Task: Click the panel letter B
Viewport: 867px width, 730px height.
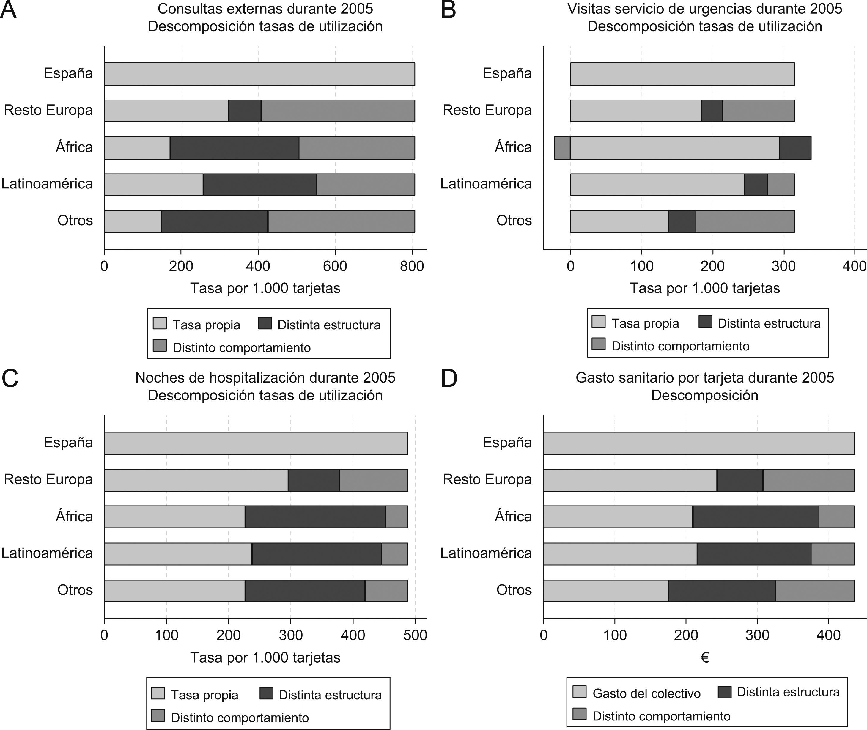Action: coord(448,10)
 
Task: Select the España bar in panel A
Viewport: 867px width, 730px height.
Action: coord(259,74)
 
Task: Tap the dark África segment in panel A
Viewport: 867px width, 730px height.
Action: coord(234,148)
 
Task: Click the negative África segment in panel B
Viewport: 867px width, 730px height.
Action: coord(562,148)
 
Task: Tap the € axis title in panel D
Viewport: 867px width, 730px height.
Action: coord(704,657)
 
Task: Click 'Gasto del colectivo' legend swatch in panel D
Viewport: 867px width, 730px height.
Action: coord(579,692)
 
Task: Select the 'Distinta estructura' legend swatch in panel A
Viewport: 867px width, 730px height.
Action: coord(265,323)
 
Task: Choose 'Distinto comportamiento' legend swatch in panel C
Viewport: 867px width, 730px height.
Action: coord(158,715)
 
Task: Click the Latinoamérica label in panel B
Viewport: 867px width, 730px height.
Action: coord(486,184)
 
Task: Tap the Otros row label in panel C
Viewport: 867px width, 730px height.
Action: coord(75,590)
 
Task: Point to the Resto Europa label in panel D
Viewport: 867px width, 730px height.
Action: coord(487,480)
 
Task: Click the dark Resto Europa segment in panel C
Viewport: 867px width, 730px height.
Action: coord(314,480)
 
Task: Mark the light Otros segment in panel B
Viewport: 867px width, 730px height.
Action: coord(619,221)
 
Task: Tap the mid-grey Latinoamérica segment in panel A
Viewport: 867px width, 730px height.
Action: coord(365,184)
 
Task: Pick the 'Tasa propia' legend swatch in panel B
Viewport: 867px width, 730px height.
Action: coord(598,322)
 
